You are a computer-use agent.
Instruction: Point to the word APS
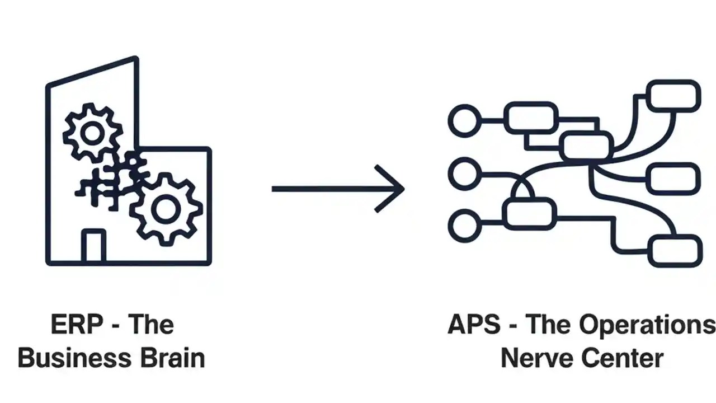point(474,325)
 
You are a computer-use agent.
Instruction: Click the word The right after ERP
point(151,325)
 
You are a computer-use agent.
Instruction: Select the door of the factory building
point(93,246)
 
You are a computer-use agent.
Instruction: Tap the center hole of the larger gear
point(165,209)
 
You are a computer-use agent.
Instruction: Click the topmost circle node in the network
point(464,120)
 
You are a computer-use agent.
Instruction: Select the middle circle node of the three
point(464,174)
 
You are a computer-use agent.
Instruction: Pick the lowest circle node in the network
point(464,226)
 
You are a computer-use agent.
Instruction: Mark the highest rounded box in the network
point(673,95)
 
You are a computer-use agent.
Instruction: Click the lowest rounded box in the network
point(675,250)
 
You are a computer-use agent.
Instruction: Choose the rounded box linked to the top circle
point(530,118)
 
